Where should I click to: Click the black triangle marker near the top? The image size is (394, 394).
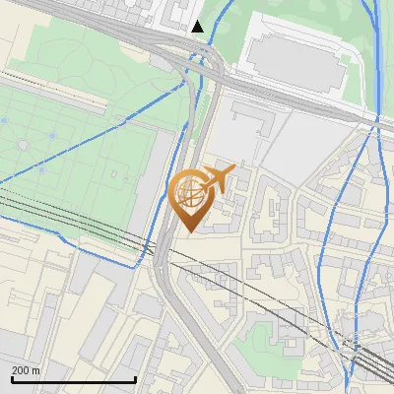point(198,27)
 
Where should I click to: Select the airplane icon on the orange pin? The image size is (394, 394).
point(220,178)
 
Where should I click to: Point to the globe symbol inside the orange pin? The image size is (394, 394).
point(189,191)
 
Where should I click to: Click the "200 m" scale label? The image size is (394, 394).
point(26,370)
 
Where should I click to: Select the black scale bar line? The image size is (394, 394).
point(73,379)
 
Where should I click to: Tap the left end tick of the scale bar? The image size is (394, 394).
point(12,378)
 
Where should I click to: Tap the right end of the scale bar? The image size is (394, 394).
point(135,378)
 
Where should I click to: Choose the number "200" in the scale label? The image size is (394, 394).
point(21,370)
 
